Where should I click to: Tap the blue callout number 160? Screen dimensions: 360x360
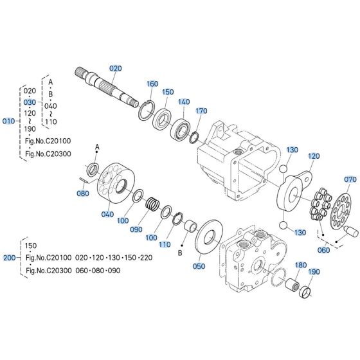tap(152, 84)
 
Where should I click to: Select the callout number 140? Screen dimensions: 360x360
tap(184, 102)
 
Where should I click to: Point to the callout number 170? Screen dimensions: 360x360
tap(201, 111)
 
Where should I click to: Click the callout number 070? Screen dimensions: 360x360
tap(350, 179)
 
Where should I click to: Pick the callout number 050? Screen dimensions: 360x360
tap(199, 265)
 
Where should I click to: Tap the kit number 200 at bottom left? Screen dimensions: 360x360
tap(9, 257)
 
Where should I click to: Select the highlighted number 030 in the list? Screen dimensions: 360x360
tap(30, 102)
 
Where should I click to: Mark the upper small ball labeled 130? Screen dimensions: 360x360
tap(283, 168)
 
